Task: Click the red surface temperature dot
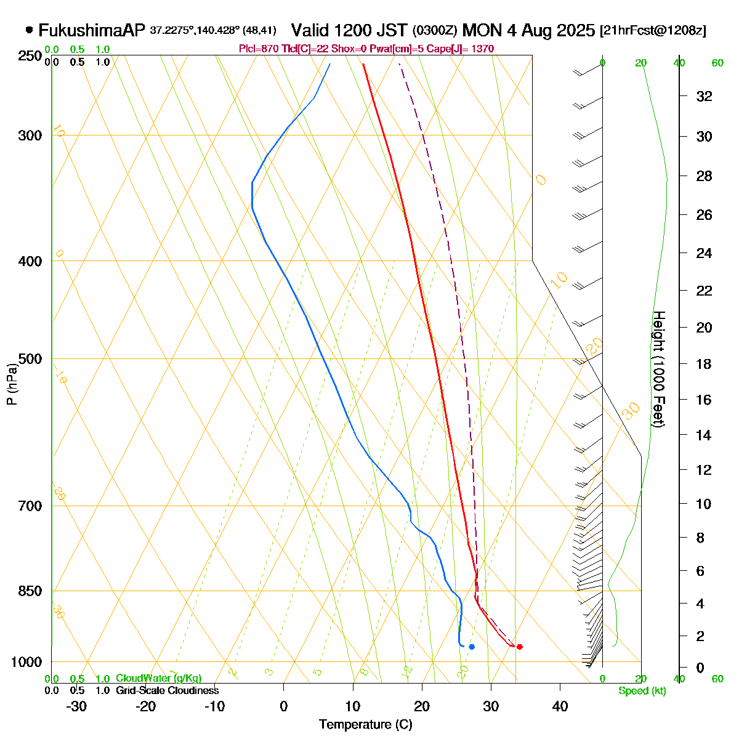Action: [520, 647]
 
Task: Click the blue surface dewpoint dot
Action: [472, 647]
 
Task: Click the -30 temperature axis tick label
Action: [76, 706]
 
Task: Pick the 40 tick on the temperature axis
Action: [560, 706]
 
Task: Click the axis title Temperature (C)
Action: [366, 725]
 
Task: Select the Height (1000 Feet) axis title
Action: [658, 369]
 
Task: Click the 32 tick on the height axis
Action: [704, 96]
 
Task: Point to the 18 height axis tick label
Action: [704, 364]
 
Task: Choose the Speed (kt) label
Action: [642, 691]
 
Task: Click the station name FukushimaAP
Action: [92, 30]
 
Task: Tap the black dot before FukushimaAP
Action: [30, 30]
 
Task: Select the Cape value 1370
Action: [481, 49]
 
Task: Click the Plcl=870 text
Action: [258, 49]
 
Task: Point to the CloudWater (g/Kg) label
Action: [158, 679]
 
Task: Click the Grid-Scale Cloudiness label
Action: [167, 691]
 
